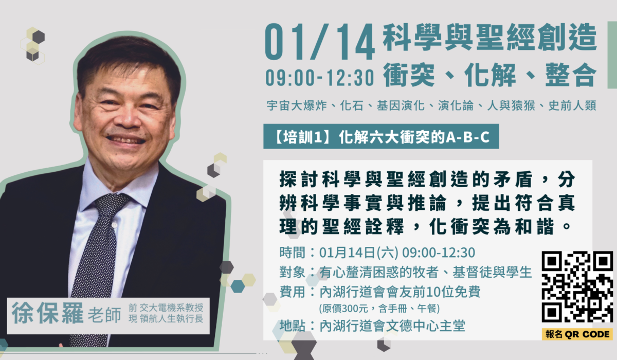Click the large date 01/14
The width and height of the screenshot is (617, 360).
point(320,42)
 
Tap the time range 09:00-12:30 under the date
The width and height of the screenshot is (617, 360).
point(320,78)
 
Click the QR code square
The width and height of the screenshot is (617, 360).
point(577,286)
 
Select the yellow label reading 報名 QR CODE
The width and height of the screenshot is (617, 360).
point(577,334)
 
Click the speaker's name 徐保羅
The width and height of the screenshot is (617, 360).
point(47,313)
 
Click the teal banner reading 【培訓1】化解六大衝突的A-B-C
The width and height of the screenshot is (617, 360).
point(381,137)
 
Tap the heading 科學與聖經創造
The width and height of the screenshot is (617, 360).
point(489,37)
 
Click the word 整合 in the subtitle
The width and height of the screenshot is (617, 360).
point(571,75)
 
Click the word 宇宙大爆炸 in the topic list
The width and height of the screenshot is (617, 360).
point(297,105)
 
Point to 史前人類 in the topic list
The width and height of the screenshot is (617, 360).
point(572,105)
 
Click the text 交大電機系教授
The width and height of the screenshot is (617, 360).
point(171,308)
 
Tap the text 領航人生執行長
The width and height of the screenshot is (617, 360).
point(171,319)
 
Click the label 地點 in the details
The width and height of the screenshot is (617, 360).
point(292,326)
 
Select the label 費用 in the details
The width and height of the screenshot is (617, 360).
point(292,292)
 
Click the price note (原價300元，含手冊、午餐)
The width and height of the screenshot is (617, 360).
point(379,308)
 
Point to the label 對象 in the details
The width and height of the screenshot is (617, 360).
point(292,272)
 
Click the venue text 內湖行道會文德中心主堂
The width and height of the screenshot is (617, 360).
point(392,326)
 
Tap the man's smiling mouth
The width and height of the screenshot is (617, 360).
point(126,139)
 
